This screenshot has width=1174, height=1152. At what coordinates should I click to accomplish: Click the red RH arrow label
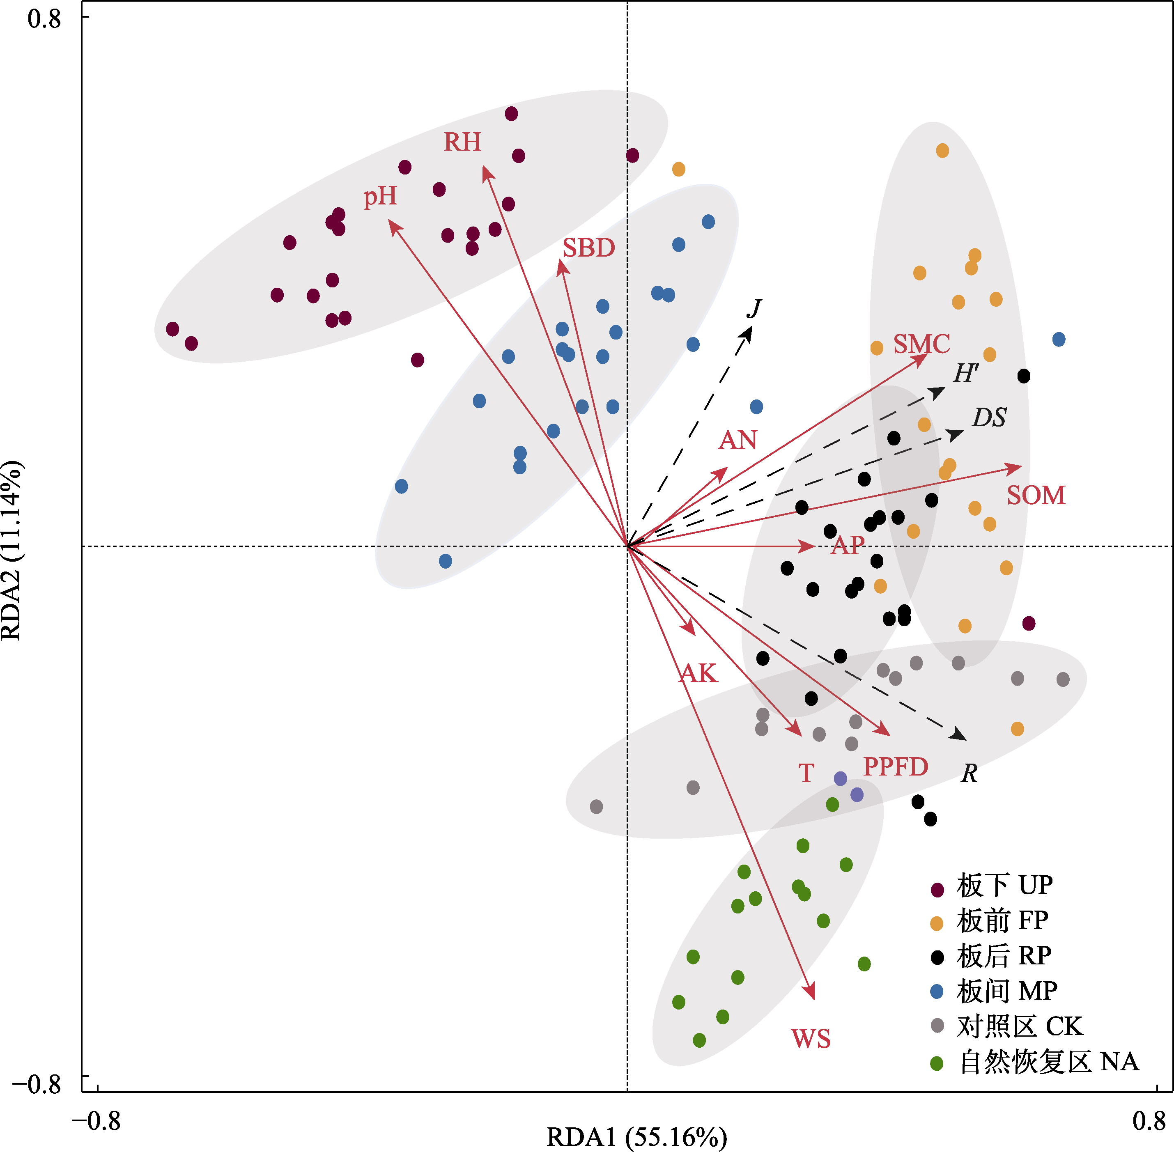pyautogui.click(x=462, y=142)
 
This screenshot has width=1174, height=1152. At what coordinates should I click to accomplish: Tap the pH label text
pyautogui.click(x=380, y=197)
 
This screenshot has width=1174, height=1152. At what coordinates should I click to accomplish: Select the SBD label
pyautogui.click(x=588, y=248)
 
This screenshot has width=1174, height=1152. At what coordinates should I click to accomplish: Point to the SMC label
pyautogui.click(x=921, y=344)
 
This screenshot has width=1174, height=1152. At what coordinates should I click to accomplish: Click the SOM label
pyautogui.click(x=1036, y=496)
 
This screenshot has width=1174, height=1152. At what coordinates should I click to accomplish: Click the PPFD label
pyautogui.click(x=895, y=767)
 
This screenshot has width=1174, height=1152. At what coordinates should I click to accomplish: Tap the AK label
pyautogui.click(x=698, y=673)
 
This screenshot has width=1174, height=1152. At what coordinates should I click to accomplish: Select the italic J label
pyautogui.click(x=754, y=309)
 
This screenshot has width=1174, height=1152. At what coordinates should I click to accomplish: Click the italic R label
pyautogui.click(x=969, y=773)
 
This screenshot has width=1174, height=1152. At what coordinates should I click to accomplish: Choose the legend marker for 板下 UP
pyautogui.click(x=937, y=889)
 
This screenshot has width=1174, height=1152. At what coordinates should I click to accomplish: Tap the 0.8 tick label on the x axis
pyautogui.click(x=1149, y=1121)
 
